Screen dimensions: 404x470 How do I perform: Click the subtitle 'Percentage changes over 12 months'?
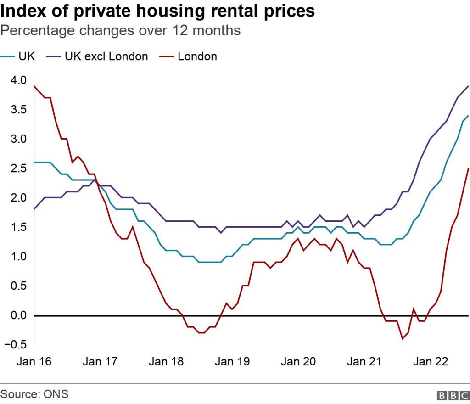tap(120, 31)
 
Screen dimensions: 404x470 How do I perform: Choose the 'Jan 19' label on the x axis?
tap(232, 362)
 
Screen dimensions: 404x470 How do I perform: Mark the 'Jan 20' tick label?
tap(298, 362)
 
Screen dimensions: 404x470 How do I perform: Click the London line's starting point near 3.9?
tap(34, 86)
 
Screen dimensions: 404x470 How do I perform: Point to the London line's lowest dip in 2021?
tap(403, 339)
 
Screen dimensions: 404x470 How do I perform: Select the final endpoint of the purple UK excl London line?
tap(468, 86)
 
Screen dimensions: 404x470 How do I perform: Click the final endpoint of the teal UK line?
tap(468, 115)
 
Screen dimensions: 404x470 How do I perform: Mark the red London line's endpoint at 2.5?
tap(468, 168)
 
